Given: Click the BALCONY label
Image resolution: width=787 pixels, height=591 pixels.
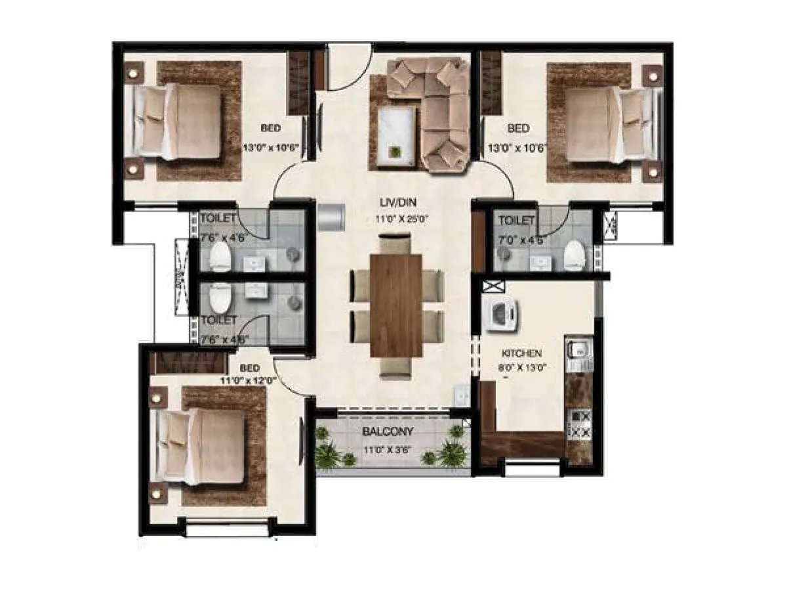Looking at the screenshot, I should pos(389,432).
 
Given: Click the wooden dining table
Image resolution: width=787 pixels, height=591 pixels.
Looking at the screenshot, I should pos(396,305).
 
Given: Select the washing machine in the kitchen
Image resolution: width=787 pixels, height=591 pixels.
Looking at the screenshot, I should pos(502,314).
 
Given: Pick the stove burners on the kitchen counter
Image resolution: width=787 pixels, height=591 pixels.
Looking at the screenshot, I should pos(578,424).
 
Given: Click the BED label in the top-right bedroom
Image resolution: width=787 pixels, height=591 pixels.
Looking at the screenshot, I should pos(518,128).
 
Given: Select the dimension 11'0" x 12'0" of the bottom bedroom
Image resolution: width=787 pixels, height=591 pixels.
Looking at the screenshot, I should pos(251,380).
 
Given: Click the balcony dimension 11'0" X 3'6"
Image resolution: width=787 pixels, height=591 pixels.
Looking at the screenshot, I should pos(389,450).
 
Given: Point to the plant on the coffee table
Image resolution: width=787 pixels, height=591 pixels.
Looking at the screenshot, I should pos(395,152).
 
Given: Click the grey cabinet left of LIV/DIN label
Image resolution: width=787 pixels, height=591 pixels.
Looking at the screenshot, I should pos(331,217).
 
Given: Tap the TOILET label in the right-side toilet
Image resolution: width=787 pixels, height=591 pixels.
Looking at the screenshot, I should pos(517,221).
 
